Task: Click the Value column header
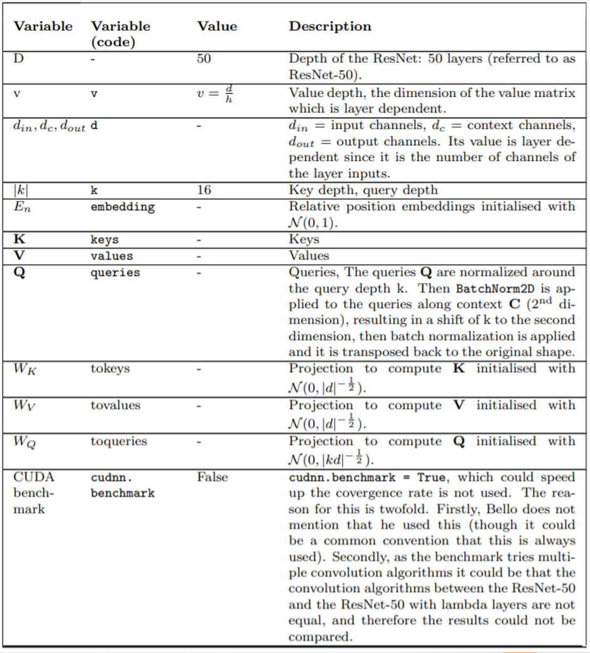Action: [x=217, y=26]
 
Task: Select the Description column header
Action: [x=329, y=26]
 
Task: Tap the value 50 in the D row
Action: [x=204, y=59]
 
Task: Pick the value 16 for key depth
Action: [x=204, y=190]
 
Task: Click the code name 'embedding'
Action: [x=122, y=207]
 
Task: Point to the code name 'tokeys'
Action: [x=110, y=369]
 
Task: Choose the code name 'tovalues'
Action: [x=115, y=405]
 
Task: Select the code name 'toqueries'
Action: [x=118, y=441]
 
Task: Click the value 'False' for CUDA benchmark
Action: [x=212, y=477]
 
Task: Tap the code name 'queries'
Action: [x=115, y=272]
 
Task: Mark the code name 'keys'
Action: [x=104, y=239]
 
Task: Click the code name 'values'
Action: [x=111, y=255]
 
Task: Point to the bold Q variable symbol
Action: [x=18, y=273]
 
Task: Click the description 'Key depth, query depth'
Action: [x=363, y=190]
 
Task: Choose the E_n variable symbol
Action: [x=21, y=207]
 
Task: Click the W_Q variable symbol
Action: [x=24, y=442]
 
